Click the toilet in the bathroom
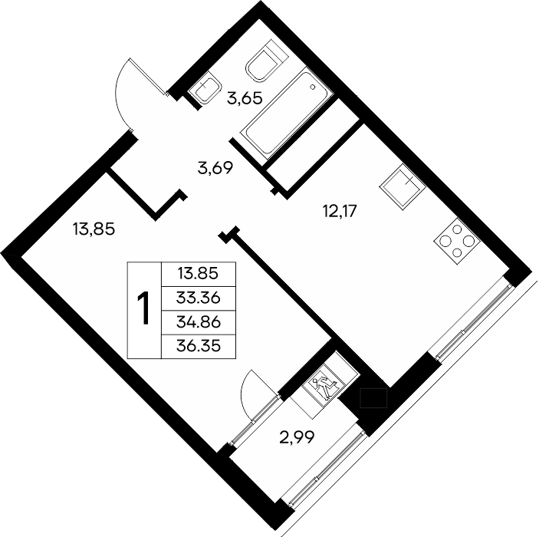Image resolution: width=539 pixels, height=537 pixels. point(266,61)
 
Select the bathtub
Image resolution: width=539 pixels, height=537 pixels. point(286,111)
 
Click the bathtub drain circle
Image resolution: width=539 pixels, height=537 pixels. point(313,87)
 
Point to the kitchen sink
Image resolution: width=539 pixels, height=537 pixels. point(403,186)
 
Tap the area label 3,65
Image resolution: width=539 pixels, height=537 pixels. point(245,99)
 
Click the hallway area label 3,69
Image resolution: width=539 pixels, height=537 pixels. point(215,168)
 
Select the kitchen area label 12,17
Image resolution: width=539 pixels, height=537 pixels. point(340,210)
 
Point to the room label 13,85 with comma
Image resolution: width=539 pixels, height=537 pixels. point(94,229)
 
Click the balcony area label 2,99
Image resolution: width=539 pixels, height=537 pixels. point(297,437)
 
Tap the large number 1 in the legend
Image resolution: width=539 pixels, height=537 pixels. point(143,308)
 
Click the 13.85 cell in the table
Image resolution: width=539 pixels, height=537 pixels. point(198,274)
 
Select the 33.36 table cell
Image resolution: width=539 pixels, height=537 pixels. point(198,298)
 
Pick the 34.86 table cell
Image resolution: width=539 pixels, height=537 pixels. point(198,322)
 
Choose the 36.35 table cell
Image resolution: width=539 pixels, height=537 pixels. point(198,346)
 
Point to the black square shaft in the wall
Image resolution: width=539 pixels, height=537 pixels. point(373,398)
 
